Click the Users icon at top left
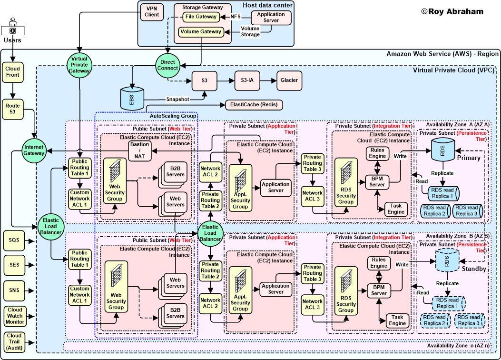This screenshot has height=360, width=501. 13,28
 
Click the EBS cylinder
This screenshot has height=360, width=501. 131,98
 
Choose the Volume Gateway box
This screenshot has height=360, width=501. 200,32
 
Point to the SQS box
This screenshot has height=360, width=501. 14,240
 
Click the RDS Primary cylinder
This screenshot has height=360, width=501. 441,150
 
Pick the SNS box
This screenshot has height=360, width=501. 14,290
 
